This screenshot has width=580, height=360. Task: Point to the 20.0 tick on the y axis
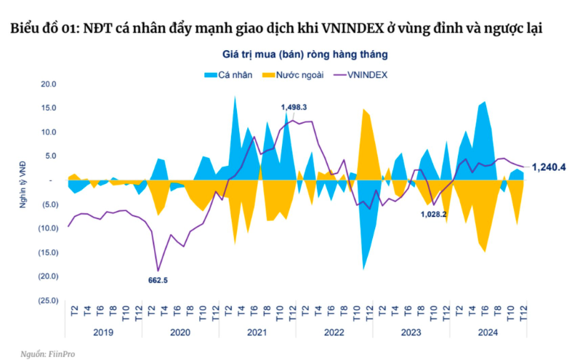(48, 84)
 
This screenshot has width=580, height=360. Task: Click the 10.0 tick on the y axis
(48, 132)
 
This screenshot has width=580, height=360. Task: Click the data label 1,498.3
(294, 107)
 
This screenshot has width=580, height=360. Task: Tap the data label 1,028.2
(432, 215)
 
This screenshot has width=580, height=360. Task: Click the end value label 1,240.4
(549, 167)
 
